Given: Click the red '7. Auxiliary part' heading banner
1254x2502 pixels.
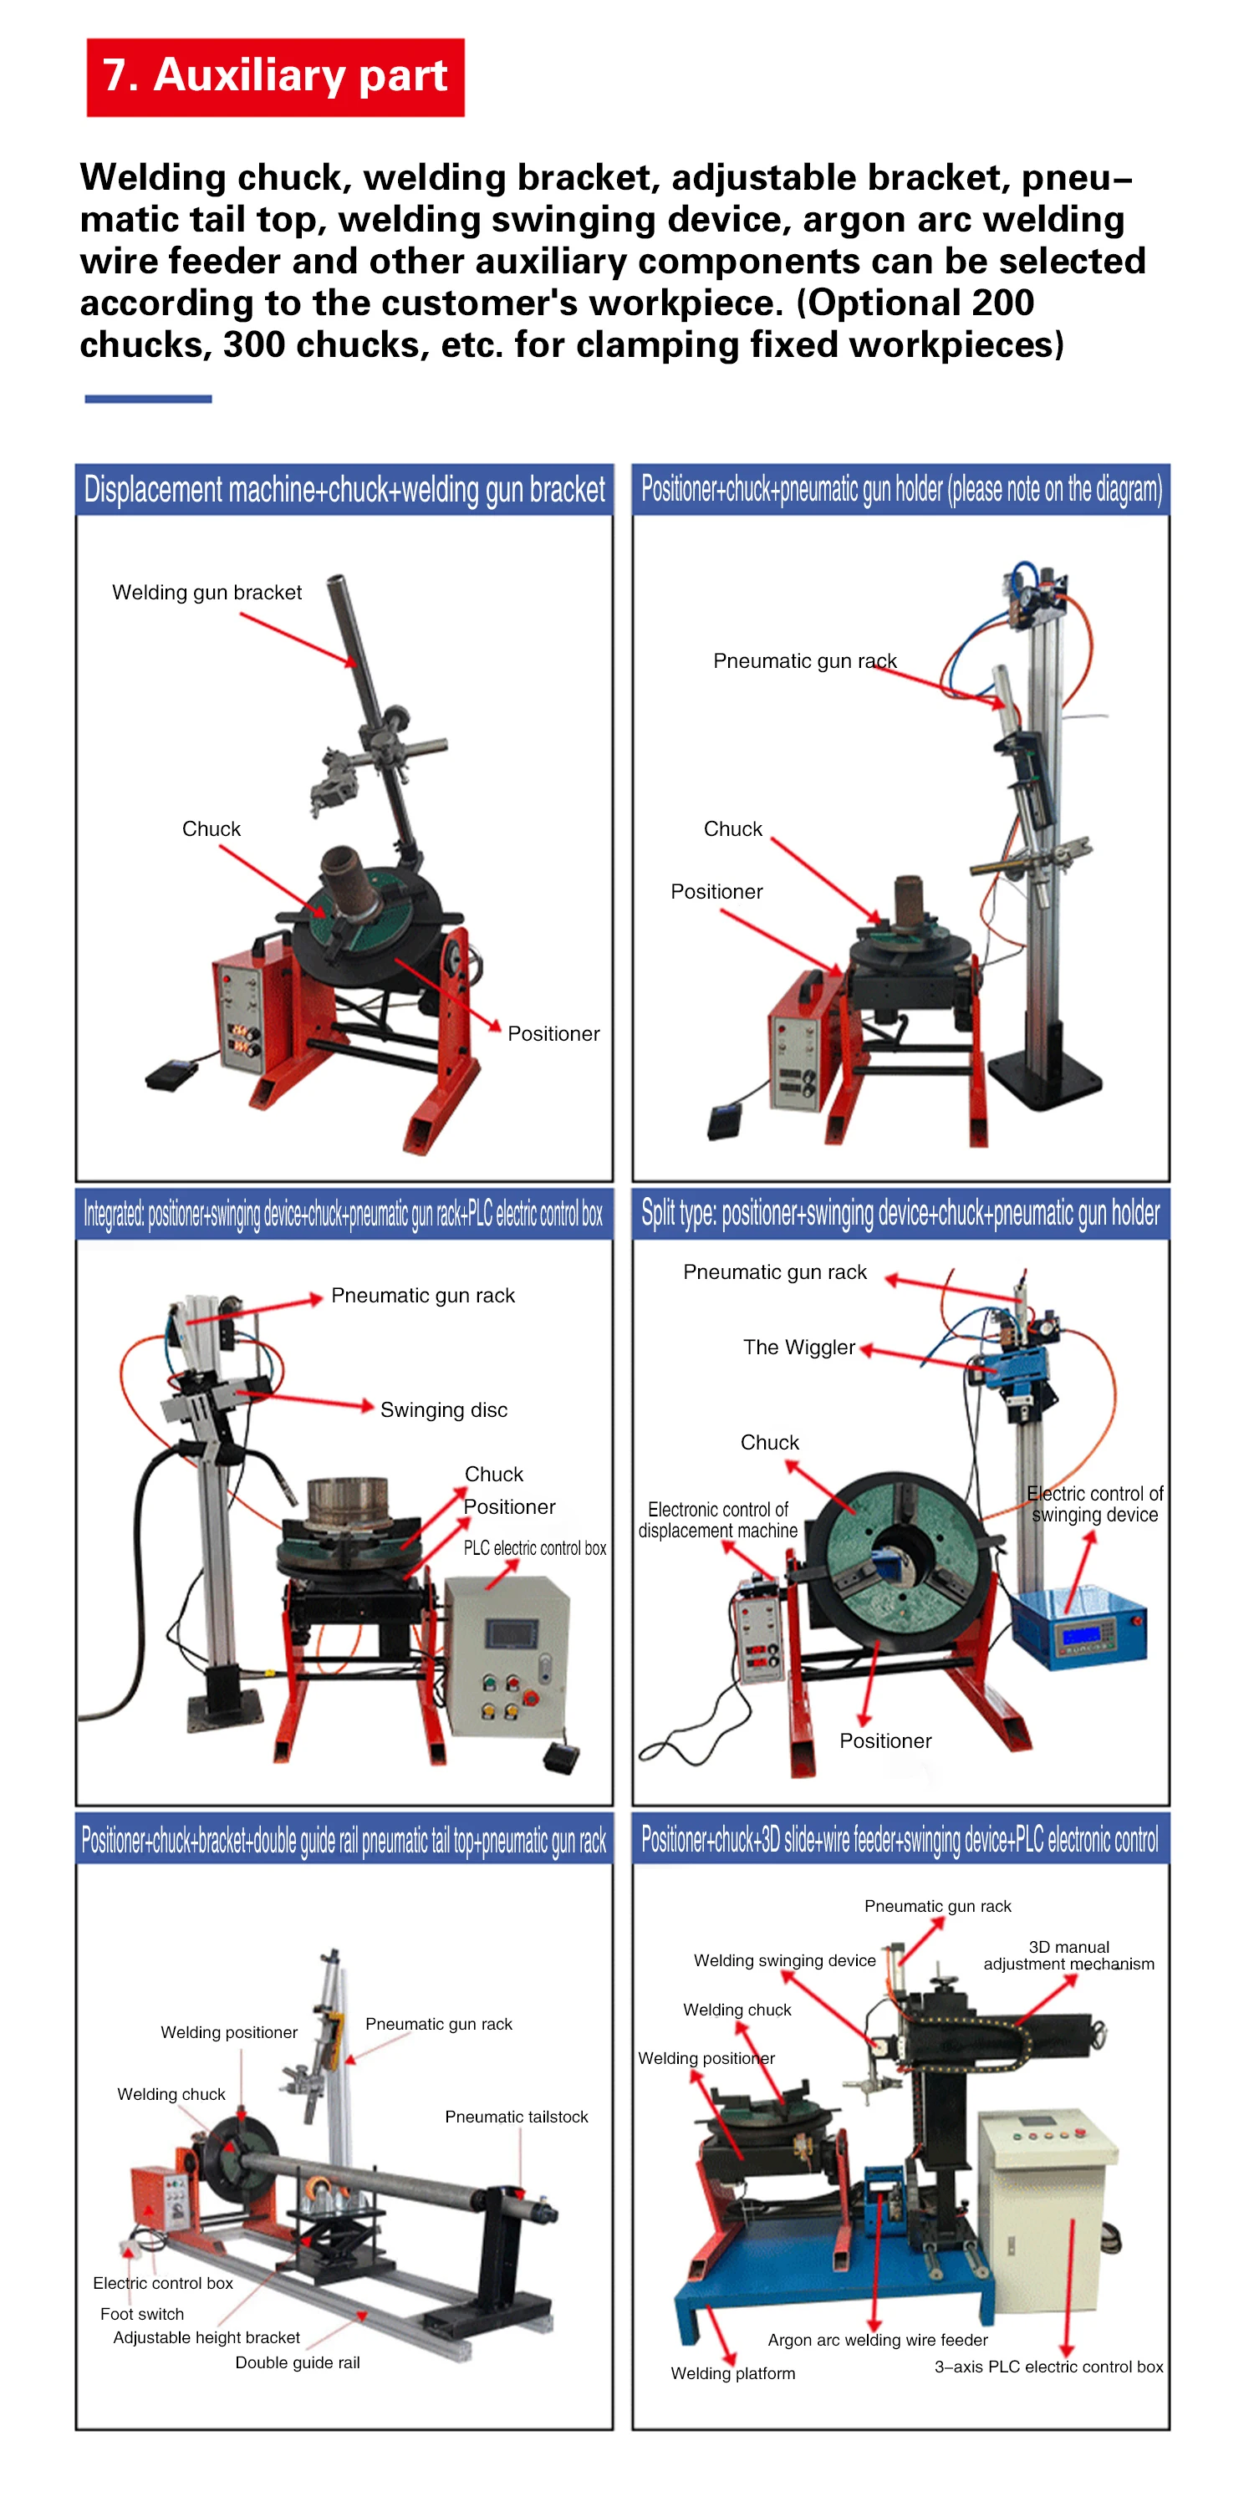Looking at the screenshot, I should click(275, 77).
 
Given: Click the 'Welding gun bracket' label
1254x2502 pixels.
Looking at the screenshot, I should click(206, 593).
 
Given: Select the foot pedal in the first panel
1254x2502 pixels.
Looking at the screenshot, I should click(171, 1074).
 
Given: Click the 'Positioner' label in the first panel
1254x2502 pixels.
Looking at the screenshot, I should click(553, 1033).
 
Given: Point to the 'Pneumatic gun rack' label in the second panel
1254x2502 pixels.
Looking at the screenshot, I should click(804, 660).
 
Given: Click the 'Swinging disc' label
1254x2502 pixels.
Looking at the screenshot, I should click(444, 1409).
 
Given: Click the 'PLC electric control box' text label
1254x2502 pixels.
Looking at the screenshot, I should click(534, 1548).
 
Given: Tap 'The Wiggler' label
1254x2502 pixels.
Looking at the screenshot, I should click(798, 1348).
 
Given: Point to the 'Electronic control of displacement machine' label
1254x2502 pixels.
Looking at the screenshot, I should click(718, 1520).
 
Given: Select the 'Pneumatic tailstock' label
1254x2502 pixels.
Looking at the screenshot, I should click(516, 2117).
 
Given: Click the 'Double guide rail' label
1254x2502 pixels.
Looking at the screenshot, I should click(298, 2362).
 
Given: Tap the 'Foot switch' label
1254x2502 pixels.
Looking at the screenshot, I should click(142, 2314).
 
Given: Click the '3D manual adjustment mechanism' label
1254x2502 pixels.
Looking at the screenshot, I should click(1068, 1955).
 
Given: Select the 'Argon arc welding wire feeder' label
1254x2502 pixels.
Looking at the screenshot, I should click(877, 2340).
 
